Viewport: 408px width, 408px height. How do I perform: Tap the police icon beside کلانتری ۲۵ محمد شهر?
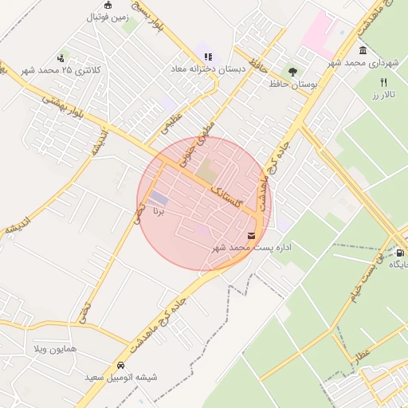coord(61,57)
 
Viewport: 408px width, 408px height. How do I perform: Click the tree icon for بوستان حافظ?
coord(292,72)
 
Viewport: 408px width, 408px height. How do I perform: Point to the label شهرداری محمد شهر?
coord(366,62)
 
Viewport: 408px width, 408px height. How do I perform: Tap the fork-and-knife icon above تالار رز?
coord(384,83)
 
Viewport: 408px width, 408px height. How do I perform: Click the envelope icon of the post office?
coord(252,235)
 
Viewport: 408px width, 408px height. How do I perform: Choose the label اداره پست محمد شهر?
coord(252,248)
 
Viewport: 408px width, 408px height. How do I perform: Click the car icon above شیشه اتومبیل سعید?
coord(120,365)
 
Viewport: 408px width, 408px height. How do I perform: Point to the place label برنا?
coord(159,212)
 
